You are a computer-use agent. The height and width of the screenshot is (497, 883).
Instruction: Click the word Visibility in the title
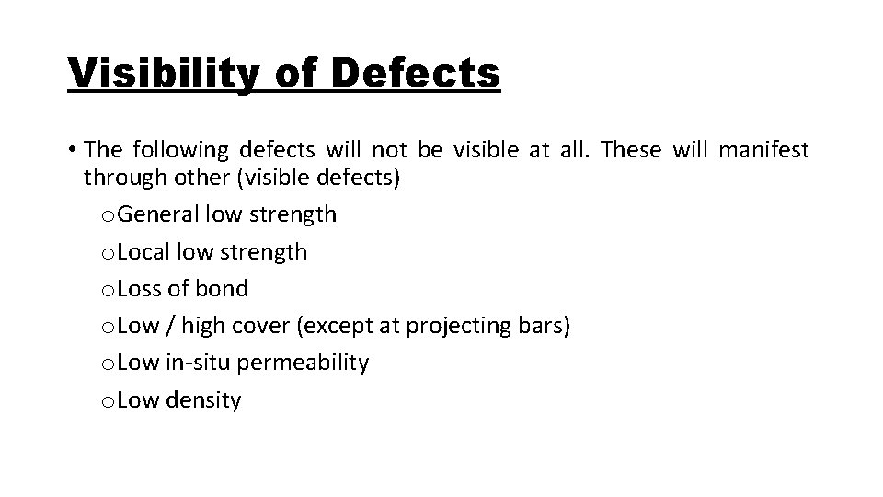click(162, 71)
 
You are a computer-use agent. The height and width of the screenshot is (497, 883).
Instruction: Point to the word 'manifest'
click(765, 148)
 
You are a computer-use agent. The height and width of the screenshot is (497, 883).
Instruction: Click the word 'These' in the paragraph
click(631, 148)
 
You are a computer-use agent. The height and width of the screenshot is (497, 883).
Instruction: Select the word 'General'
click(158, 214)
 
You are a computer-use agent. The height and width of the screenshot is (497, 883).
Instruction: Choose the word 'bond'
click(223, 288)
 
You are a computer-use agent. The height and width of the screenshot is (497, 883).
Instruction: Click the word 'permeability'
click(303, 364)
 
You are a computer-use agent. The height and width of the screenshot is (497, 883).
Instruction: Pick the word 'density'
click(203, 400)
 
